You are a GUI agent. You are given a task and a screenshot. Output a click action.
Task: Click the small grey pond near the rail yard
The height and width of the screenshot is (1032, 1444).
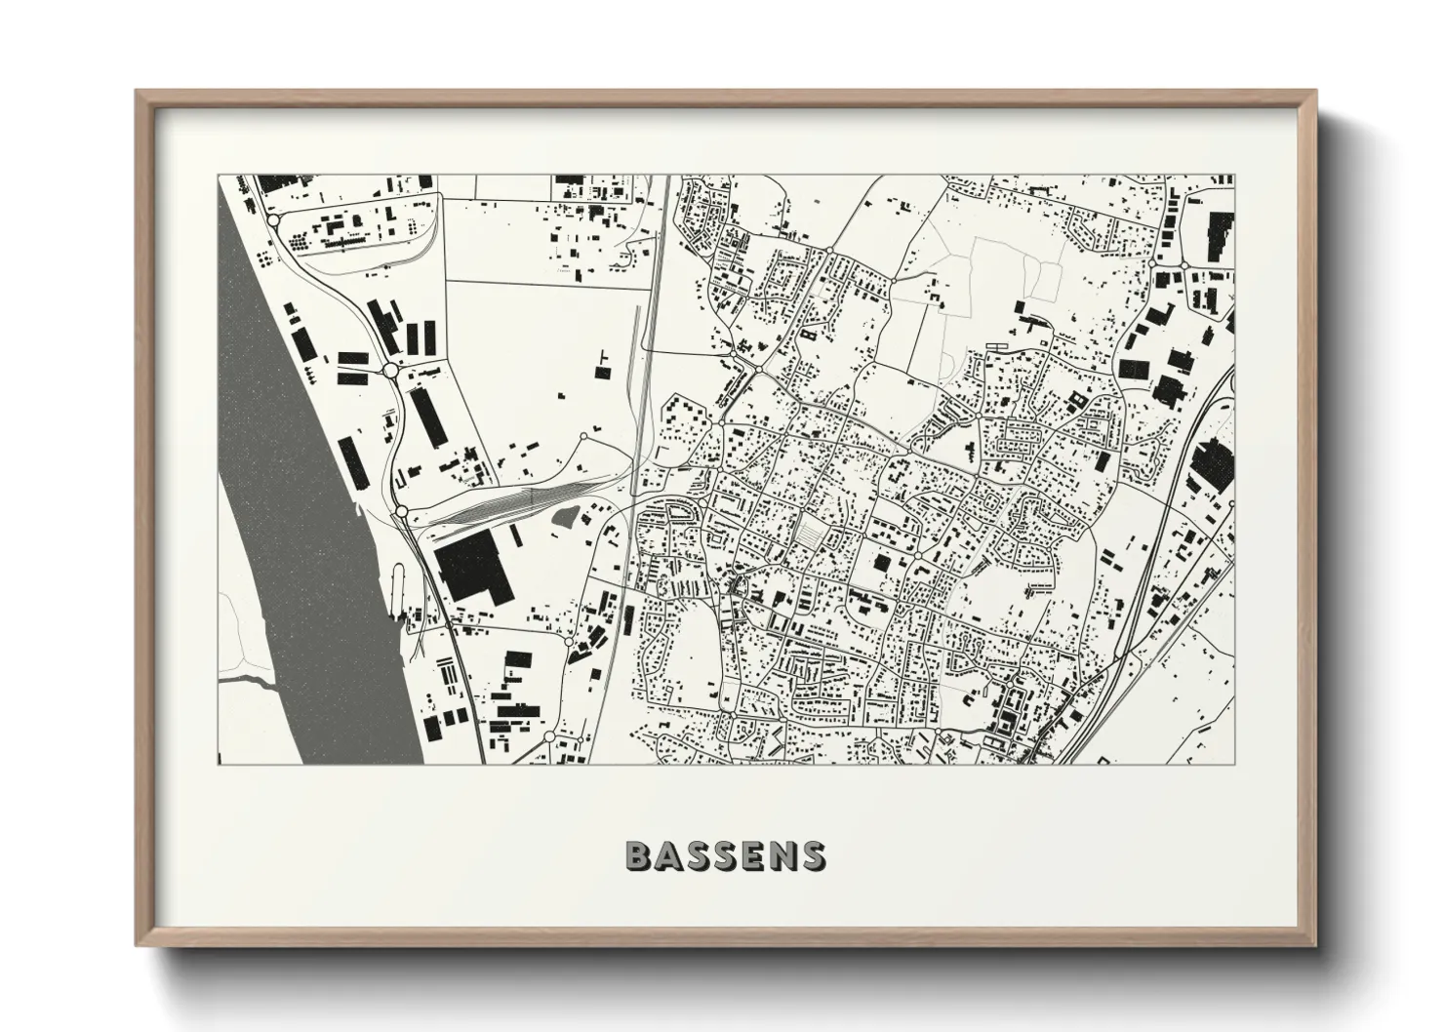[566, 517]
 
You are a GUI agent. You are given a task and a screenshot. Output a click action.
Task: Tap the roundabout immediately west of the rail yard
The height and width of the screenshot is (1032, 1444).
[401, 511]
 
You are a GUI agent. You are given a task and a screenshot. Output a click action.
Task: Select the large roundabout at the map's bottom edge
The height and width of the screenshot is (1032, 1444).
[549, 736]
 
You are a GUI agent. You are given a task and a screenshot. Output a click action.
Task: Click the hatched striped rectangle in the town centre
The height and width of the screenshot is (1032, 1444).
[810, 534]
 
